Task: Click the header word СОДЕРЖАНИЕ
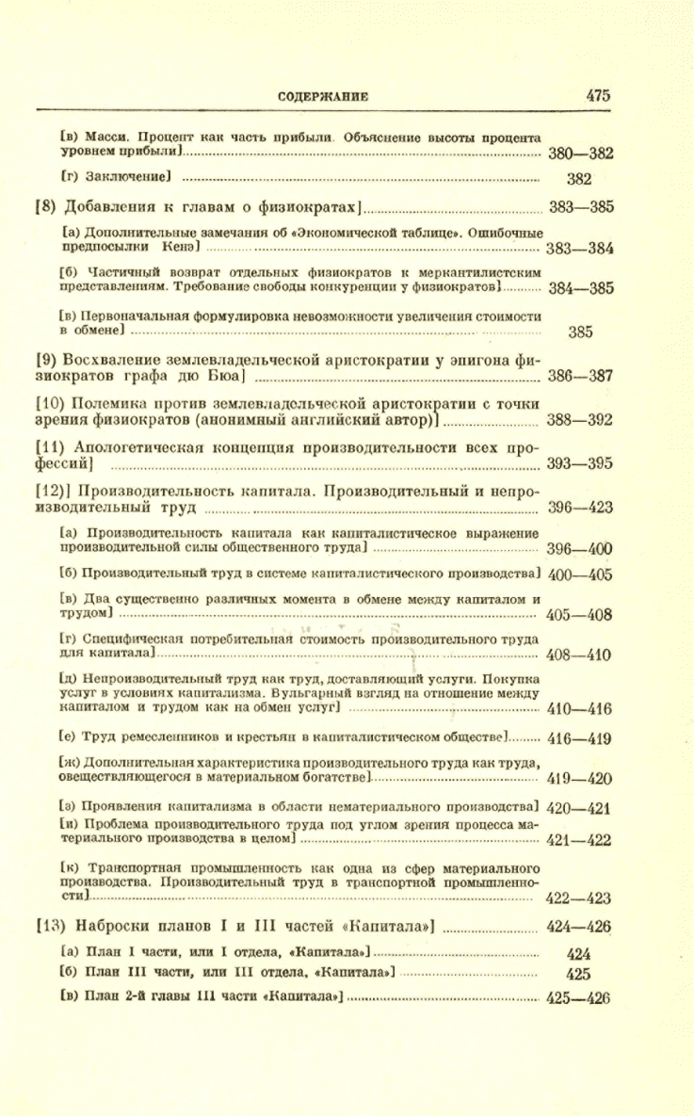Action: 323,96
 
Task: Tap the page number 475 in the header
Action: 599,95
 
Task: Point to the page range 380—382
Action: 580,154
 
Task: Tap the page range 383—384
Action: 580,249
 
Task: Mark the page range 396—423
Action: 580,508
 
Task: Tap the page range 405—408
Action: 580,615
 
